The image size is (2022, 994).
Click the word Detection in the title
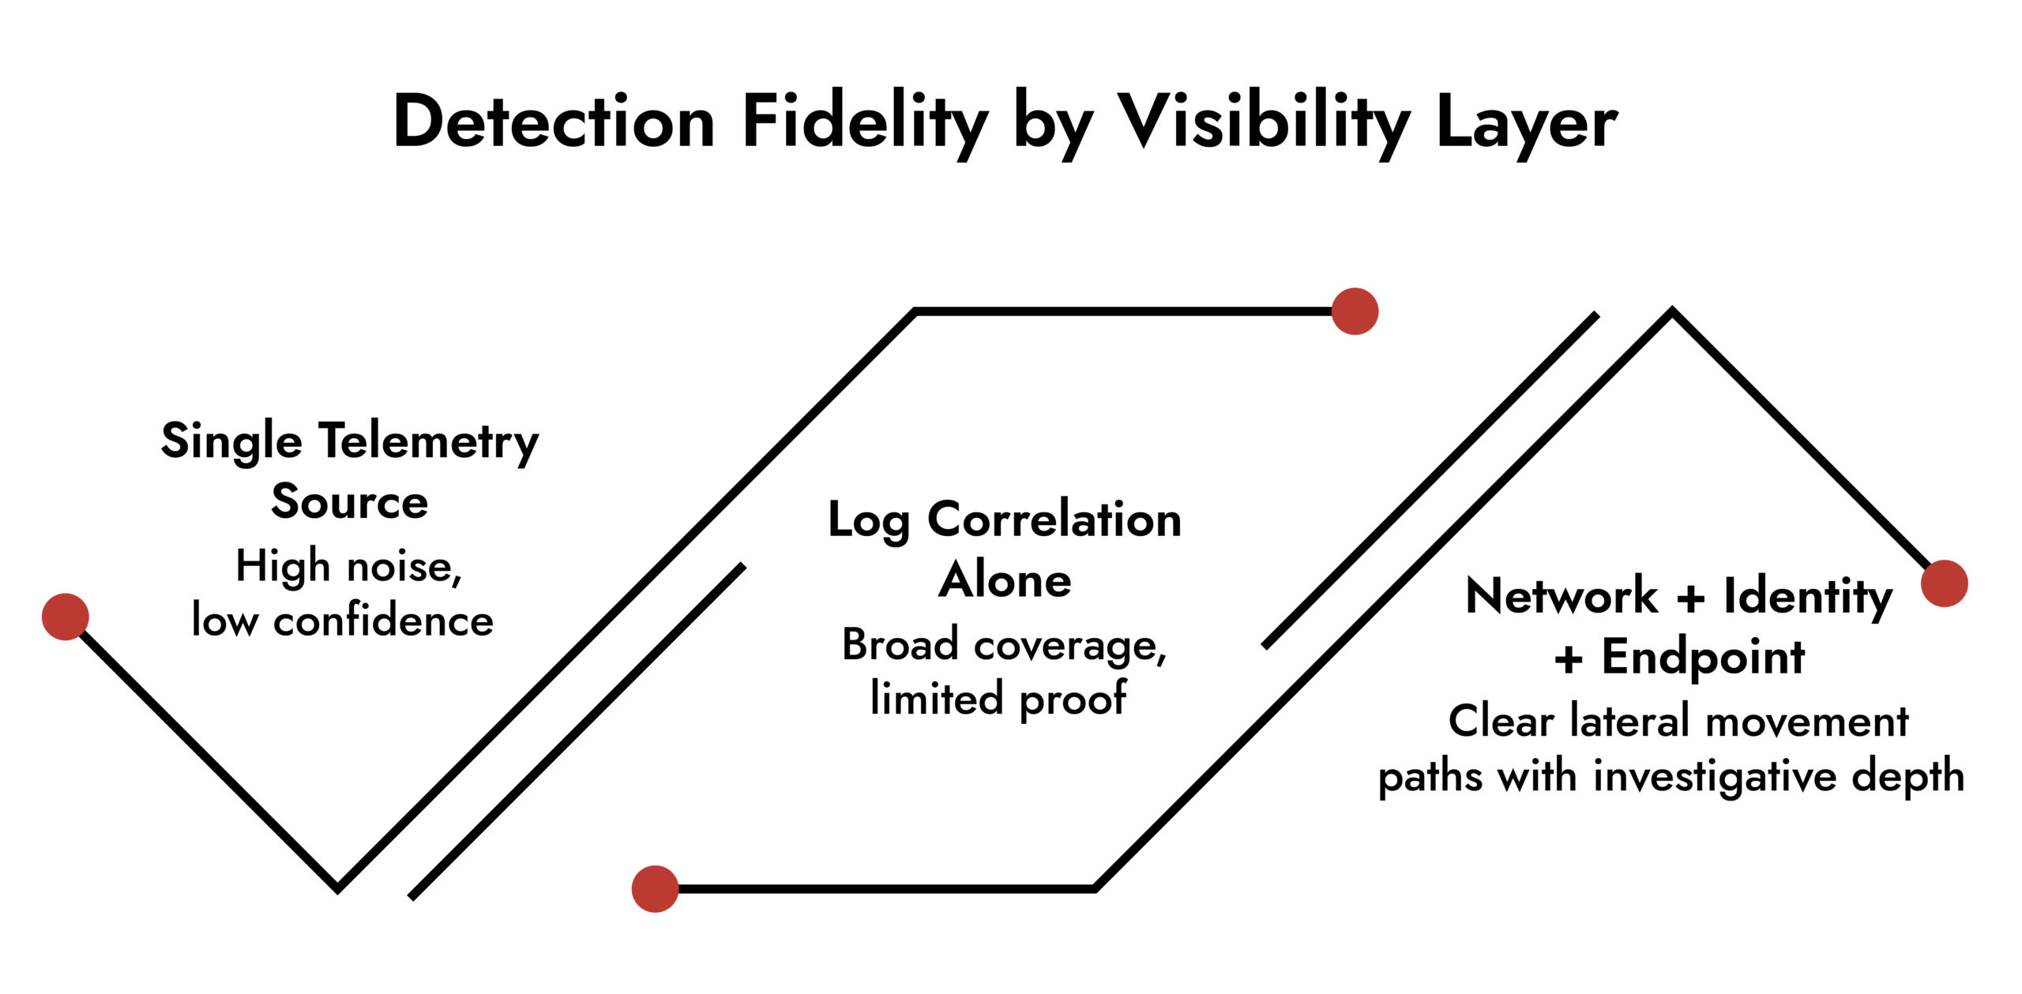pyautogui.click(x=554, y=122)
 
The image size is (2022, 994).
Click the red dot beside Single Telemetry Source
pyautogui.click(x=65, y=617)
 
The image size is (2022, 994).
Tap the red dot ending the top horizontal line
pyautogui.click(x=1355, y=311)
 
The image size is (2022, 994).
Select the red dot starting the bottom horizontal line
pyautogui.click(x=655, y=889)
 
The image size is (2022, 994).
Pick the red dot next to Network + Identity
pyautogui.click(x=1944, y=583)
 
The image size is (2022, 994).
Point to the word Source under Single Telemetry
pyautogui.click(x=349, y=501)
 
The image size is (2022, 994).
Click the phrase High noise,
pyautogui.click(x=348, y=566)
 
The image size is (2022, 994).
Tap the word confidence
pyautogui.click(x=383, y=621)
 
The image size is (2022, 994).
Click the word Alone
pyautogui.click(x=1005, y=580)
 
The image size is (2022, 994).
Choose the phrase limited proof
pyautogui.click(x=998, y=699)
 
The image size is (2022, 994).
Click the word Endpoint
pyautogui.click(x=1703, y=658)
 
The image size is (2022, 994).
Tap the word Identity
pyautogui.click(x=1808, y=597)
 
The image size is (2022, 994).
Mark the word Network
pyautogui.click(x=1562, y=596)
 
